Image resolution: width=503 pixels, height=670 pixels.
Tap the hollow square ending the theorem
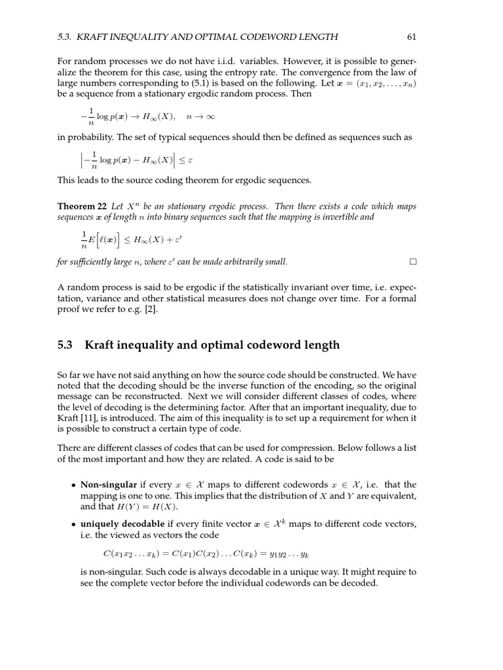click(413, 262)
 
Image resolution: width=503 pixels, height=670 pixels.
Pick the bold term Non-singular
click(108, 485)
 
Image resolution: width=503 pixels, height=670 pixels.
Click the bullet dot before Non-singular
click(73, 485)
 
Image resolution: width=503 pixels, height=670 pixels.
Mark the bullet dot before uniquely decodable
click(73, 525)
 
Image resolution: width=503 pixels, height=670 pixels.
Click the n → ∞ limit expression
click(196, 117)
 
